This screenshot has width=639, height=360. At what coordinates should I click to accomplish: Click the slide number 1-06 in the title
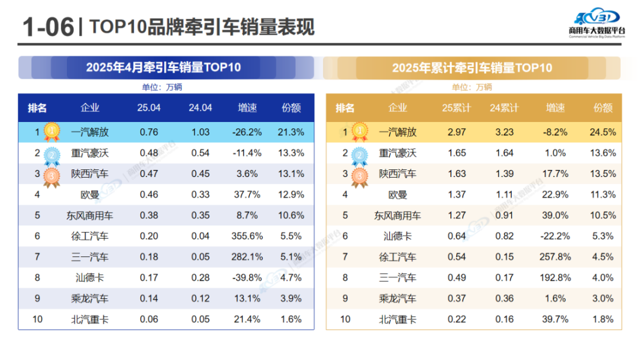point(48,27)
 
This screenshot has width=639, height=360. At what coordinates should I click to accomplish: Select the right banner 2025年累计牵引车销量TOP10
point(472,67)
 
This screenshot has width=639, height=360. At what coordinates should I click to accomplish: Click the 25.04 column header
point(149,108)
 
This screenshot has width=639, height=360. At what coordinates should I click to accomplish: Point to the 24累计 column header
point(504,108)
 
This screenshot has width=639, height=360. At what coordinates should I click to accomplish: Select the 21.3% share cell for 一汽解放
point(291,132)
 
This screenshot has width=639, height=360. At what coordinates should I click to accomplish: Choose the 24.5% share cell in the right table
point(603,132)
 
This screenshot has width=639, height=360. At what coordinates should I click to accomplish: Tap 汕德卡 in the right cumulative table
point(398,236)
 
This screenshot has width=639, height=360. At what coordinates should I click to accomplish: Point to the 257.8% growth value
point(555,257)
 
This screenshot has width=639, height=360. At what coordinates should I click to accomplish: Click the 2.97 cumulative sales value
point(456,132)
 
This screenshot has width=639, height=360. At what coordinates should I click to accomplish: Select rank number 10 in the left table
point(37,319)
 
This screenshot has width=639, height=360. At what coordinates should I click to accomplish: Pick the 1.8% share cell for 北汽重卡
point(603,319)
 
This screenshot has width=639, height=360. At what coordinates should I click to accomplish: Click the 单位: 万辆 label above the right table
point(472,87)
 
